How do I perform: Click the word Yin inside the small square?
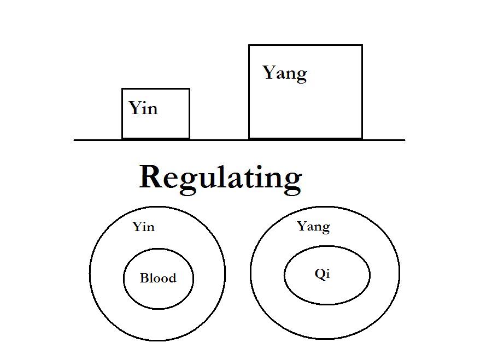[143, 108]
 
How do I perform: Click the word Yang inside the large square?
[284, 73]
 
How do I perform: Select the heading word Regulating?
[220, 178]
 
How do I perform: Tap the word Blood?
[158, 278]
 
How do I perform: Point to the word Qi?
[323, 274]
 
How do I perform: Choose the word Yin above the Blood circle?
[143, 227]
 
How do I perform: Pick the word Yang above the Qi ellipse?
[313, 226]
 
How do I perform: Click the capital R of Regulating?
[151, 177]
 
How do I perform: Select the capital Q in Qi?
[320, 274]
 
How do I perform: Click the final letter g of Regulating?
[292, 180]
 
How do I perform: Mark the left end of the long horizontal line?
[75, 140]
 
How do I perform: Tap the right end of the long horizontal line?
[405, 140]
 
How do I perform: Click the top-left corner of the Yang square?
[249, 45]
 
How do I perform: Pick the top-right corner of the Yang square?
[362, 45]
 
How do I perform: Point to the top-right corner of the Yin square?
[189, 89]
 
